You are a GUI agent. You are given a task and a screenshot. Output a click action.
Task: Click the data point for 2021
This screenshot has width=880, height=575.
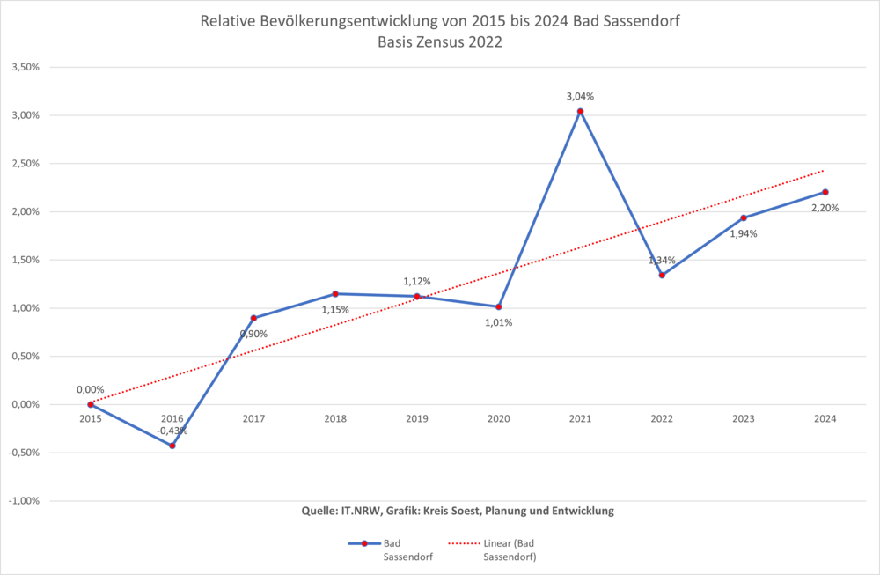pos(580,112)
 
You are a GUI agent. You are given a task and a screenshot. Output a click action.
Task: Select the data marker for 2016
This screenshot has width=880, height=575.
pos(172,446)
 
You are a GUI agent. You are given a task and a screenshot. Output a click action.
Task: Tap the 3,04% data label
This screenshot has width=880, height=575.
pos(580,96)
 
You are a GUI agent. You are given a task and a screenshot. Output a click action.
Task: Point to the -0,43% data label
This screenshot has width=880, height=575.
pos(172,431)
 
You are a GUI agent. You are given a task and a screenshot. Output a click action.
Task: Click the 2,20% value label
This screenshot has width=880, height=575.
pos(825,208)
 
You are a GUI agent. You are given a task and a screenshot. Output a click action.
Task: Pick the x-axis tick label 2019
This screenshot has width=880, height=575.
pos(417,419)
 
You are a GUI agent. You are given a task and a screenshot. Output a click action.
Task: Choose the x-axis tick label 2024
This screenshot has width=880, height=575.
pos(825,419)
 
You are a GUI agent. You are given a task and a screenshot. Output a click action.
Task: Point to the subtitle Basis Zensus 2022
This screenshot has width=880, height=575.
pos(440,41)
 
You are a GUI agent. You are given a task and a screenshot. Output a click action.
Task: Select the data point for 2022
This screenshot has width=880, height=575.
pos(662,275)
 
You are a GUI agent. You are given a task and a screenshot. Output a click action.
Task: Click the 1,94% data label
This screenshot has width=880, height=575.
pos(744,233)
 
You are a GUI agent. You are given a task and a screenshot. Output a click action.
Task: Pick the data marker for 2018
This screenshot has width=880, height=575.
pos(335,294)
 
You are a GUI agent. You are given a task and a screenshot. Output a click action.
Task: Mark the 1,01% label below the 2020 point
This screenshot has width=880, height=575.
pos(498,322)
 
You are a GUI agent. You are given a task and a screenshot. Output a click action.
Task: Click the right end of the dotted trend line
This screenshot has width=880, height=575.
pos(824,171)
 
